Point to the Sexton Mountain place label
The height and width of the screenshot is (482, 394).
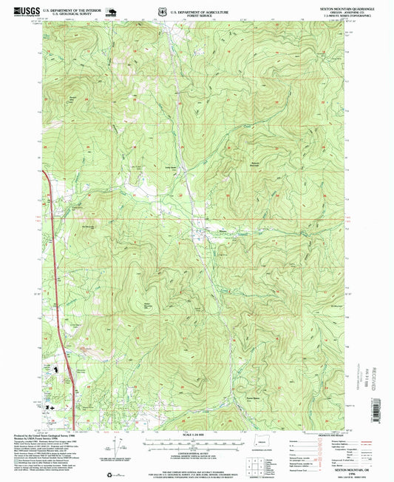tap(147, 304)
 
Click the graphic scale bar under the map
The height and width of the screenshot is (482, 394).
tap(195, 443)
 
